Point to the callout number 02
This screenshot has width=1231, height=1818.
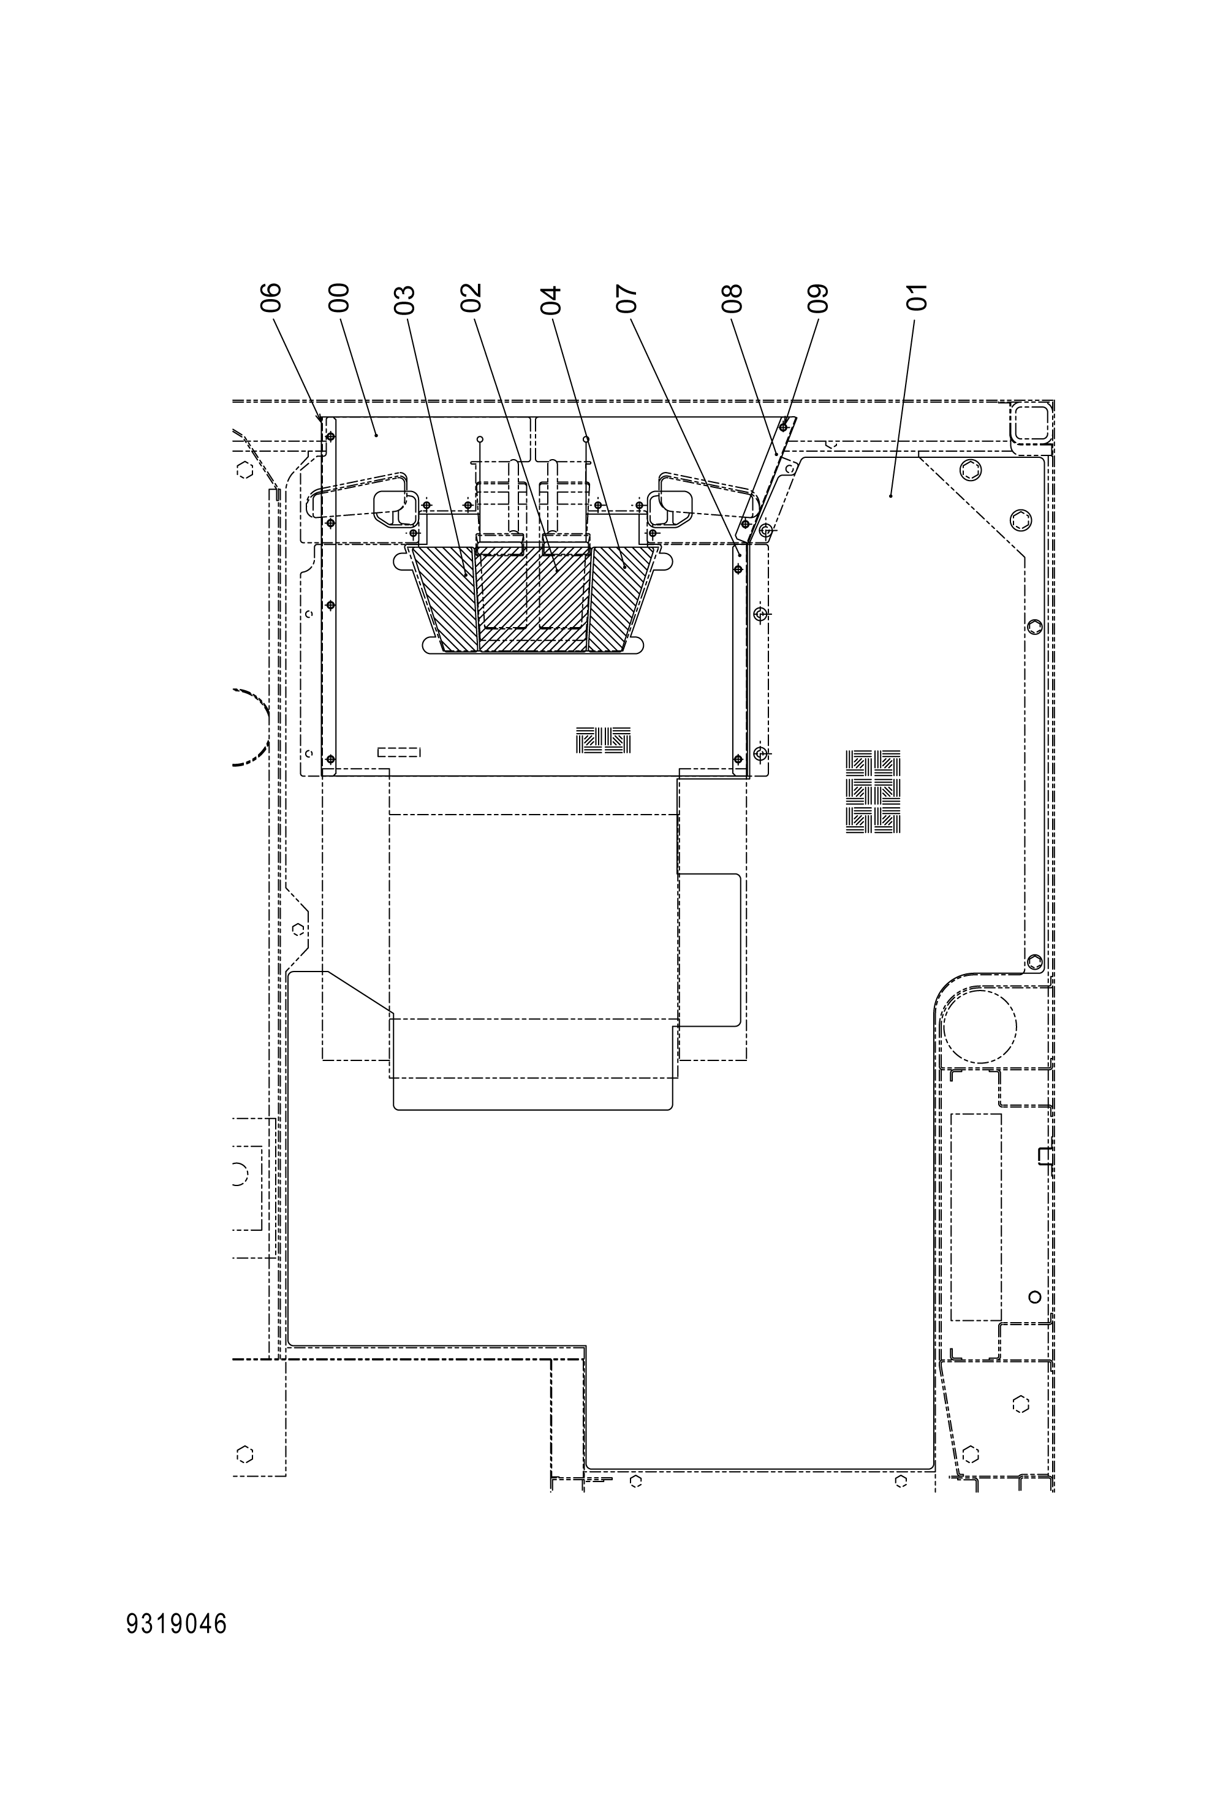click(x=471, y=298)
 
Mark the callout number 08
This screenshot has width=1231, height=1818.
click(x=733, y=298)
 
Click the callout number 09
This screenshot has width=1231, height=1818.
click(x=817, y=298)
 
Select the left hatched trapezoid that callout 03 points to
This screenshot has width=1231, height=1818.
click(x=446, y=598)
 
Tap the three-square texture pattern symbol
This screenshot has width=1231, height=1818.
click(x=604, y=740)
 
